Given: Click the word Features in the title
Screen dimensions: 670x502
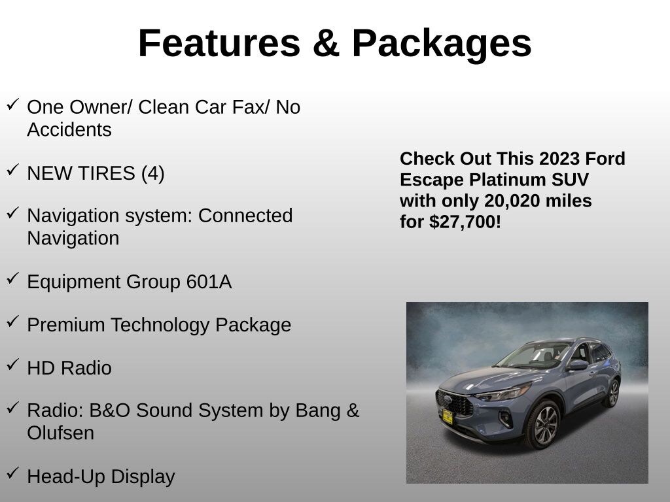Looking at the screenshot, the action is click(x=219, y=43).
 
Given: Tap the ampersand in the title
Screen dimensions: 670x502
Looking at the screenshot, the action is click(x=326, y=43).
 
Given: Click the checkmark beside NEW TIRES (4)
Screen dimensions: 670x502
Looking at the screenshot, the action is click(x=13, y=169).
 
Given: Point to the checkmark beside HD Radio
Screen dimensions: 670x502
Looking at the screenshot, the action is click(x=13, y=363).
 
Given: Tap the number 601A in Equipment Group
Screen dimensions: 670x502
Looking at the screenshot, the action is click(x=209, y=282).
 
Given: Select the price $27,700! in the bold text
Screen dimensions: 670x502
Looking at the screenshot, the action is click(x=465, y=222).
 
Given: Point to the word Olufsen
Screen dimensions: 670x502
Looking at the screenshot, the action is click(x=60, y=433).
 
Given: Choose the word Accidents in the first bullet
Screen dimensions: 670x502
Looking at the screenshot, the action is click(x=69, y=130).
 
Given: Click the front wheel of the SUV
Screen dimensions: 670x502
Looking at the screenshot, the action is click(x=544, y=424).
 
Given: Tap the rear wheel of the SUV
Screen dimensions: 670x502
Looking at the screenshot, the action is click(x=613, y=393).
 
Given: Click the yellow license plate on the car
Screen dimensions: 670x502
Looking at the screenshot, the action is click(x=448, y=417).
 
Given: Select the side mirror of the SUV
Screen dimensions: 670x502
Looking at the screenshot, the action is click(x=578, y=365).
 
